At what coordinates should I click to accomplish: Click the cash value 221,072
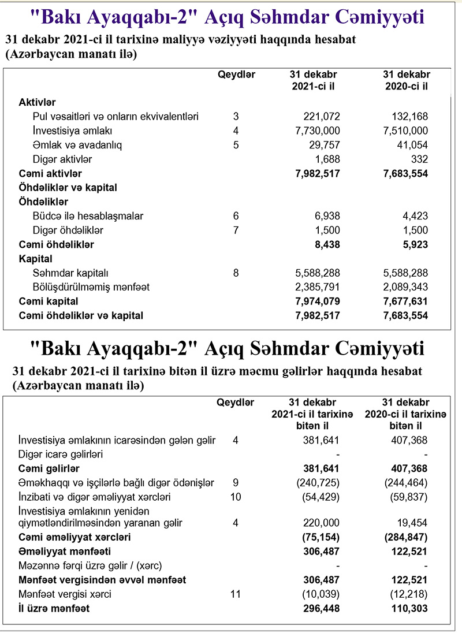(322, 117)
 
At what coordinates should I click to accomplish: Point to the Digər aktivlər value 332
(420, 159)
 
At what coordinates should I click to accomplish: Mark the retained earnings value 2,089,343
(405, 287)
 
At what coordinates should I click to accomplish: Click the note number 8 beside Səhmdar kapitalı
(236, 273)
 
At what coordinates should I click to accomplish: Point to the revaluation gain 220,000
(322, 523)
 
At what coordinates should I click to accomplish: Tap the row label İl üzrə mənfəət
(54, 608)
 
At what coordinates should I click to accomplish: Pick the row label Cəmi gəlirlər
(49, 468)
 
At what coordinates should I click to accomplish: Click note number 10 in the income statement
(236, 497)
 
